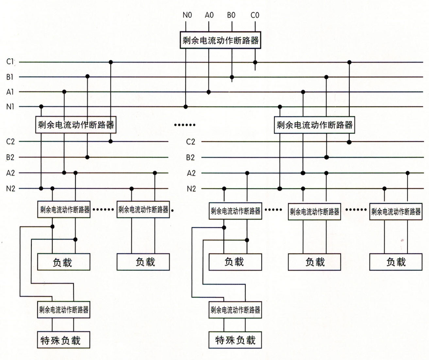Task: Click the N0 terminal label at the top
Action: tap(187, 15)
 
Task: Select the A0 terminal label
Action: tap(209, 15)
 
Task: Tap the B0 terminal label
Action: tap(231, 15)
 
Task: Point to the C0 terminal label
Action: tap(255, 15)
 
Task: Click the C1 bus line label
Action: tap(10, 62)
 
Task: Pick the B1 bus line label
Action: tap(10, 77)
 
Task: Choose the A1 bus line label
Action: tap(10, 92)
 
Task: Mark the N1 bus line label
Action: tap(10, 107)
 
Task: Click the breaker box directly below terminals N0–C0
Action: tap(221, 40)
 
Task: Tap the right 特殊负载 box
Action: tap(235, 340)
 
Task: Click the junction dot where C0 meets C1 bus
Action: tap(255, 62)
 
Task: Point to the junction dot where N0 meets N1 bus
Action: tap(186, 107)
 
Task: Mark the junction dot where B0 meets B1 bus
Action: tap(232, 77)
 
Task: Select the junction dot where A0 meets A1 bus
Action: tap(209, 92)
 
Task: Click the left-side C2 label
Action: tap(10, 142)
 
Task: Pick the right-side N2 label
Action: tap(191, 189)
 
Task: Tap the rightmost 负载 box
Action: tap(396, 262)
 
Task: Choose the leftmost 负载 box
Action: tap(63, 262)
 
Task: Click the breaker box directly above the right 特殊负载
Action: tap(235, 310)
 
